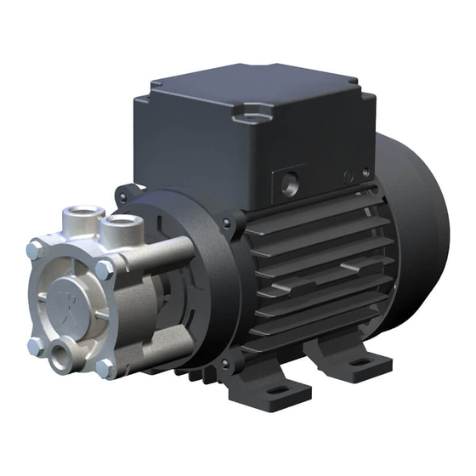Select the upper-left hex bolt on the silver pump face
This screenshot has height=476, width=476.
[x=34, y=248]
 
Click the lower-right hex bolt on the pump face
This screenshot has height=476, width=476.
[x=105, y=368]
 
